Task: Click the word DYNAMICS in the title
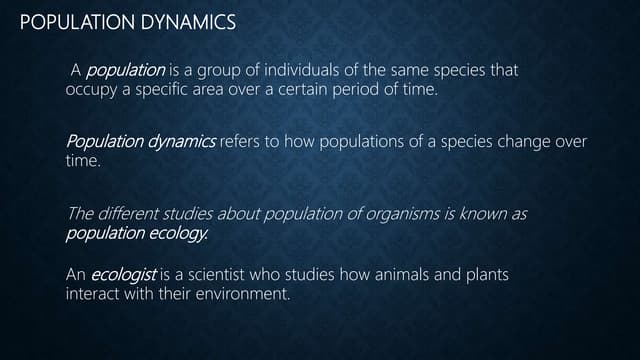[x=191, y=21]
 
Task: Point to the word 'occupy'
[x=91, y=90]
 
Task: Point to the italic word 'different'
[x=131, y=214]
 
